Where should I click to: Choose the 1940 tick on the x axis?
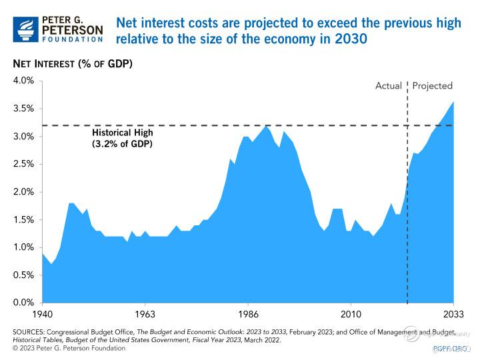coord(42,313)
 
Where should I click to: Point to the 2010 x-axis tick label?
coord(351,313)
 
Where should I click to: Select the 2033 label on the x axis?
coord(453,313)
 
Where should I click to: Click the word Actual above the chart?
coord(389,86)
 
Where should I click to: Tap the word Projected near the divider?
coord(433,86)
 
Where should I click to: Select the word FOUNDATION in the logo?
coord(73,40)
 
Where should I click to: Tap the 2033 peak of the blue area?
coord(453,102)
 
